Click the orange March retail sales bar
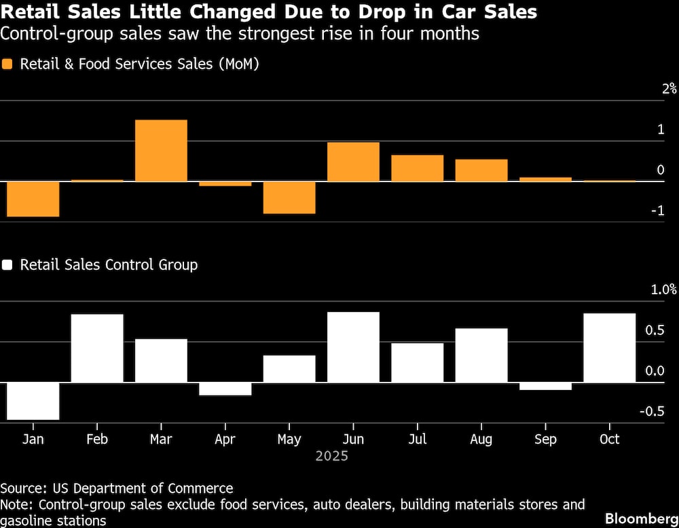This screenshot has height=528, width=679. [x=161, y=150]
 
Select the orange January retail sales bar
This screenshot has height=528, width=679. [x=33, y=198]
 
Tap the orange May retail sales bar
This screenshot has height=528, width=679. [x=289, y=197]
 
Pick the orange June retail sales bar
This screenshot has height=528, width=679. [x=353, y=162]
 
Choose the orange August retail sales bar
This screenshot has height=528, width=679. [x=481, y=170]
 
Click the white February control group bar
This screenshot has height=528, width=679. [x=97, y=348]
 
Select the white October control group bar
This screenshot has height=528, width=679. [x=610, y=348]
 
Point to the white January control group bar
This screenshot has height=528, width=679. [x=33, y=401]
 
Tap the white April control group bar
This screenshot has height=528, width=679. [x=225, y=389]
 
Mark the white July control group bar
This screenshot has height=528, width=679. [x=418, y=363]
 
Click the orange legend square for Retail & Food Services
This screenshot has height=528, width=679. [x=8, y=65]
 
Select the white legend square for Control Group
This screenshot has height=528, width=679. [x=8, y=265]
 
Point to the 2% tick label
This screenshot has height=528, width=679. [x=669, y=88]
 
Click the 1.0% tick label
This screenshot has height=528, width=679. [x=663, y=289]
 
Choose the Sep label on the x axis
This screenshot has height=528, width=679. [x=545, y=440]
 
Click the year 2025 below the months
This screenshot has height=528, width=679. [x=331, y=456]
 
